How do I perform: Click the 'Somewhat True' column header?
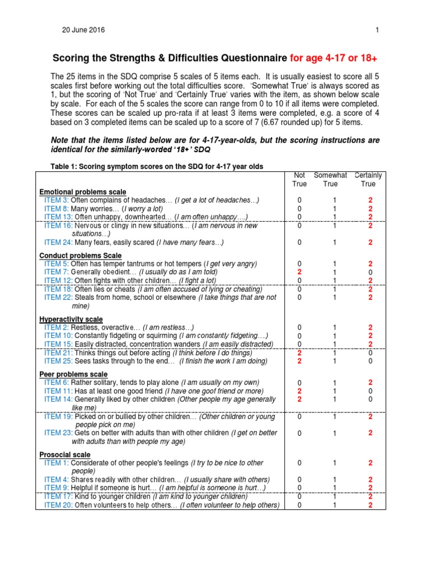click(x=330, y=179)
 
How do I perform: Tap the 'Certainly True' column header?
click(x=368, y=179)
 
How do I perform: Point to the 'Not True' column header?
click(x=300, y=179)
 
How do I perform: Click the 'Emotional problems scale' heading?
click(x=82, y=192)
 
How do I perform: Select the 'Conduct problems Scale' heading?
click(x=80, y=255)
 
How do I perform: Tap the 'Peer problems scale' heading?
click(x=73, y=374)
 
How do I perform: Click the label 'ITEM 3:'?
click(x=57, y=200)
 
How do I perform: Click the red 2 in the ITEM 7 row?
click(x=300, y=272)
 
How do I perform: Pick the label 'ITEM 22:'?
click(x=58, y=298)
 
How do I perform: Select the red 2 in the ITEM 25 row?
click(x=300, y=361)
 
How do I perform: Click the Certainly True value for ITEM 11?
click(x=370, y=391)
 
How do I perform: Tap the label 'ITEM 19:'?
click(x=58, y=417)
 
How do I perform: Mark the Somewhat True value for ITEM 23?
click(x=334, y=433)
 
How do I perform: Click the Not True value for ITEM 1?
click(x=300, y=463)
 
